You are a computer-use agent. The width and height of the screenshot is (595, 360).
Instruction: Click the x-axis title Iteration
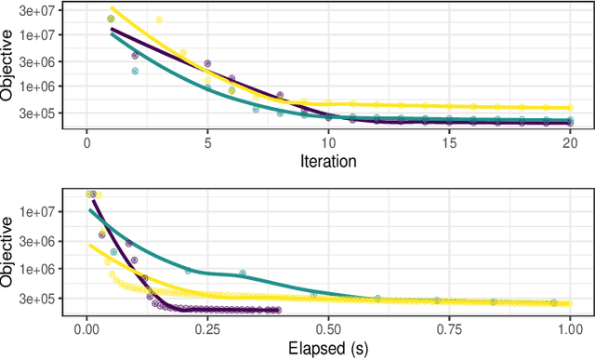(328, 160)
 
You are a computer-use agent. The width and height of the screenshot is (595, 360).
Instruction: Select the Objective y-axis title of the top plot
(8, 65)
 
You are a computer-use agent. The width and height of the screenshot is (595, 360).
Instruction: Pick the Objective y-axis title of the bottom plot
(8, 251)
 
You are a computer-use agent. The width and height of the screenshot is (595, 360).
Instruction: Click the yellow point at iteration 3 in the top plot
(159, 20)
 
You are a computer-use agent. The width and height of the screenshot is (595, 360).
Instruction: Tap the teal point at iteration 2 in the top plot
(135, 70)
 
